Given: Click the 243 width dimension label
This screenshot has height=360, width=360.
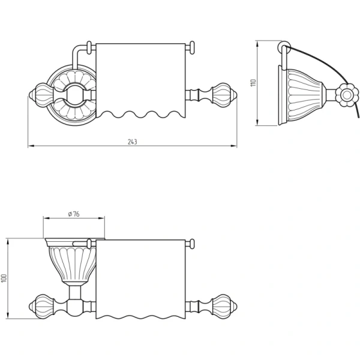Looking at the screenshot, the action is click(133, 142).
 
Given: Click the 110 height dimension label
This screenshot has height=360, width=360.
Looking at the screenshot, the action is click(253, 83).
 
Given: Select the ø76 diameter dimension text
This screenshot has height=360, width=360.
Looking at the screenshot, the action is click(74, 214).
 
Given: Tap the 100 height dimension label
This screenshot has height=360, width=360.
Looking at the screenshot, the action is click(4, 278).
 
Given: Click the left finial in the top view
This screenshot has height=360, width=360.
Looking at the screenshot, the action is click(41, 95).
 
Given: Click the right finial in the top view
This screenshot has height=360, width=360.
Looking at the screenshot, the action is click(224, 95).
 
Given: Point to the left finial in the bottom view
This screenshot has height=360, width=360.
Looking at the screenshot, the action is click(41, 306).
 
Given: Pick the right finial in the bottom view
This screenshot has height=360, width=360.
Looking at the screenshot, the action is click(224, 306).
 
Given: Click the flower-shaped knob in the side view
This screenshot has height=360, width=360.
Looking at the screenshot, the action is click(346, 95).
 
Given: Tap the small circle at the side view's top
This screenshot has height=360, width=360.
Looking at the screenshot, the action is click(284, 47).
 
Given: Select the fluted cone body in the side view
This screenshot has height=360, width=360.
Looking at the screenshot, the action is click(304, 97).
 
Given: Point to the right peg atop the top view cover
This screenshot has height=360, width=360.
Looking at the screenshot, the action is click(192, 48).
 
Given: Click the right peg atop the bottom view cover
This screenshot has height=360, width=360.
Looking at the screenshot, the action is click(192, 244).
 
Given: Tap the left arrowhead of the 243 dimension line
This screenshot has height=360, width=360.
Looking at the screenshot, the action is click(31, 146).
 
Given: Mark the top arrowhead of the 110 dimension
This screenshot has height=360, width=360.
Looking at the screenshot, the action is click(257, 44).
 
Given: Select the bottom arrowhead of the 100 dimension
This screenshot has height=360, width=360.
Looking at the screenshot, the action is click(8, 316).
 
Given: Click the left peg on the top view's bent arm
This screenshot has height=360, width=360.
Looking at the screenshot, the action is click(89, 48).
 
